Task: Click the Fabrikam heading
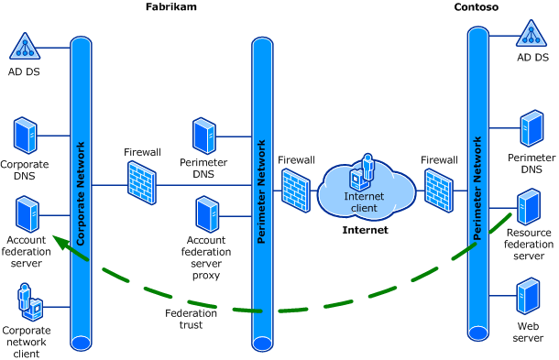click(171, 7)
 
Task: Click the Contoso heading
click(476, 7)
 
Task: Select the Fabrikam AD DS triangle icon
click(27, 46)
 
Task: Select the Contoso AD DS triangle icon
click(532, 35)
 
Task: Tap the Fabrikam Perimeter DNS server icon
click(203, 136)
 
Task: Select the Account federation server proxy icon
click(206, 214)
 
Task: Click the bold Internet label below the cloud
click(365, 230)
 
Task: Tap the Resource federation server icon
click(529, 208)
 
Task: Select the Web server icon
click(528, 296)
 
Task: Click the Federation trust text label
click(191, 319)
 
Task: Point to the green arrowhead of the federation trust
click(58, 242)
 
